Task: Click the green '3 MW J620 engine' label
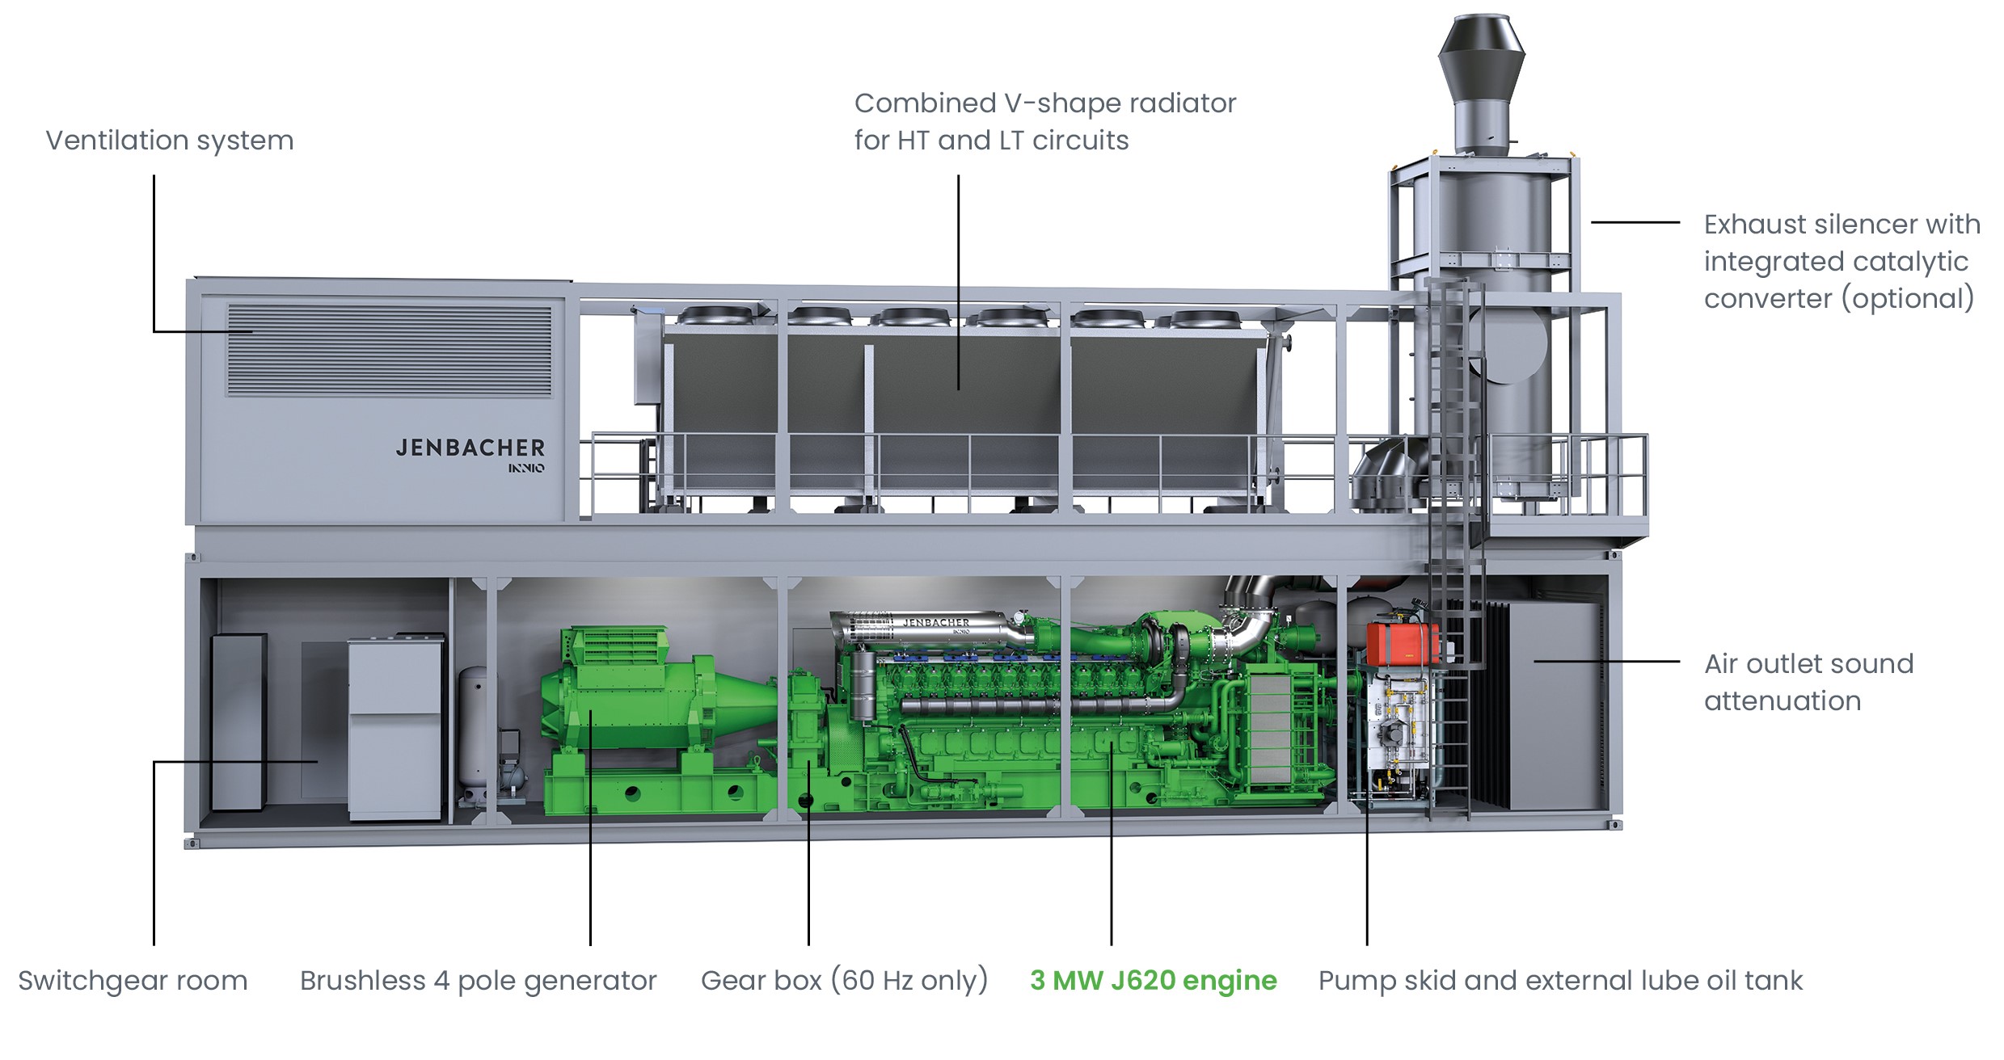(x=1154, y=981)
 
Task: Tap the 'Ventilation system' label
(x=170, y=141)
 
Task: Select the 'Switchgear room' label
(x=133, y=981)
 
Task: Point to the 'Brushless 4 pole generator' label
(x=479, y=981)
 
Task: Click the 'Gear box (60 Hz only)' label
(x=845, y=981)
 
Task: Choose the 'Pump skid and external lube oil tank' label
(x=1560, y=981)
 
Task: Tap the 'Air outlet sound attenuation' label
(x=1809, y=683)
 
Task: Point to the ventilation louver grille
(x=389, y=350)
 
